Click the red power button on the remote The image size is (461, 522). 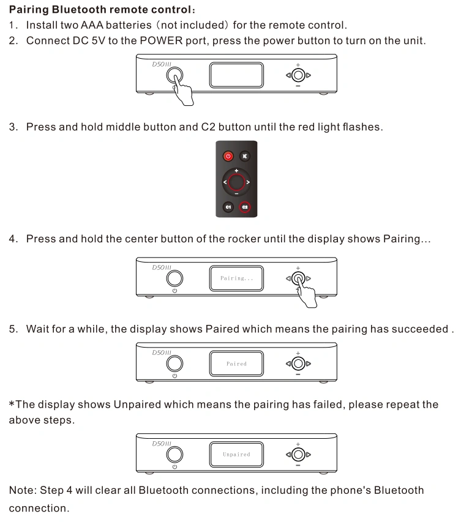(228, 156)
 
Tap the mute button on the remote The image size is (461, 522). (245, 156)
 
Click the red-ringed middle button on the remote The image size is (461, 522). (236, 182)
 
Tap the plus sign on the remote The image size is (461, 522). (236, 171)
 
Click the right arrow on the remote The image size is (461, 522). (248, 182)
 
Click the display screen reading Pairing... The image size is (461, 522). (236, 278)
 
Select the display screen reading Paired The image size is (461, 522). (236, 364)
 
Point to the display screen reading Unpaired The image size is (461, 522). (236, 455)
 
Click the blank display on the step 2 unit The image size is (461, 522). (236, 75)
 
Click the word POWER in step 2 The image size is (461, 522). (161, 40)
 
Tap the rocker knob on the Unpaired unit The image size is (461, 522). (298, 455)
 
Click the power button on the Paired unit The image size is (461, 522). (174, 364)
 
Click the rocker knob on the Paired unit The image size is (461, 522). (298, 364)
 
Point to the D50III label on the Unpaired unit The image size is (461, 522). (162, 444)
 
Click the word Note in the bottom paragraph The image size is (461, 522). (21, 490)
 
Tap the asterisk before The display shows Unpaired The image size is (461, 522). (12, 403)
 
